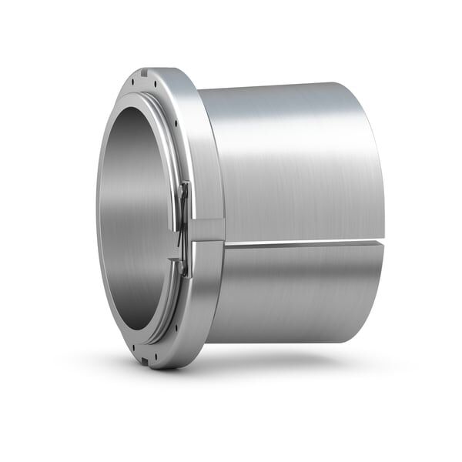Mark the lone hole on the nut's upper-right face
coord(175,123)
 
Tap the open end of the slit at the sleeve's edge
coord(380,243)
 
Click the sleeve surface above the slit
coord(293,169)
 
